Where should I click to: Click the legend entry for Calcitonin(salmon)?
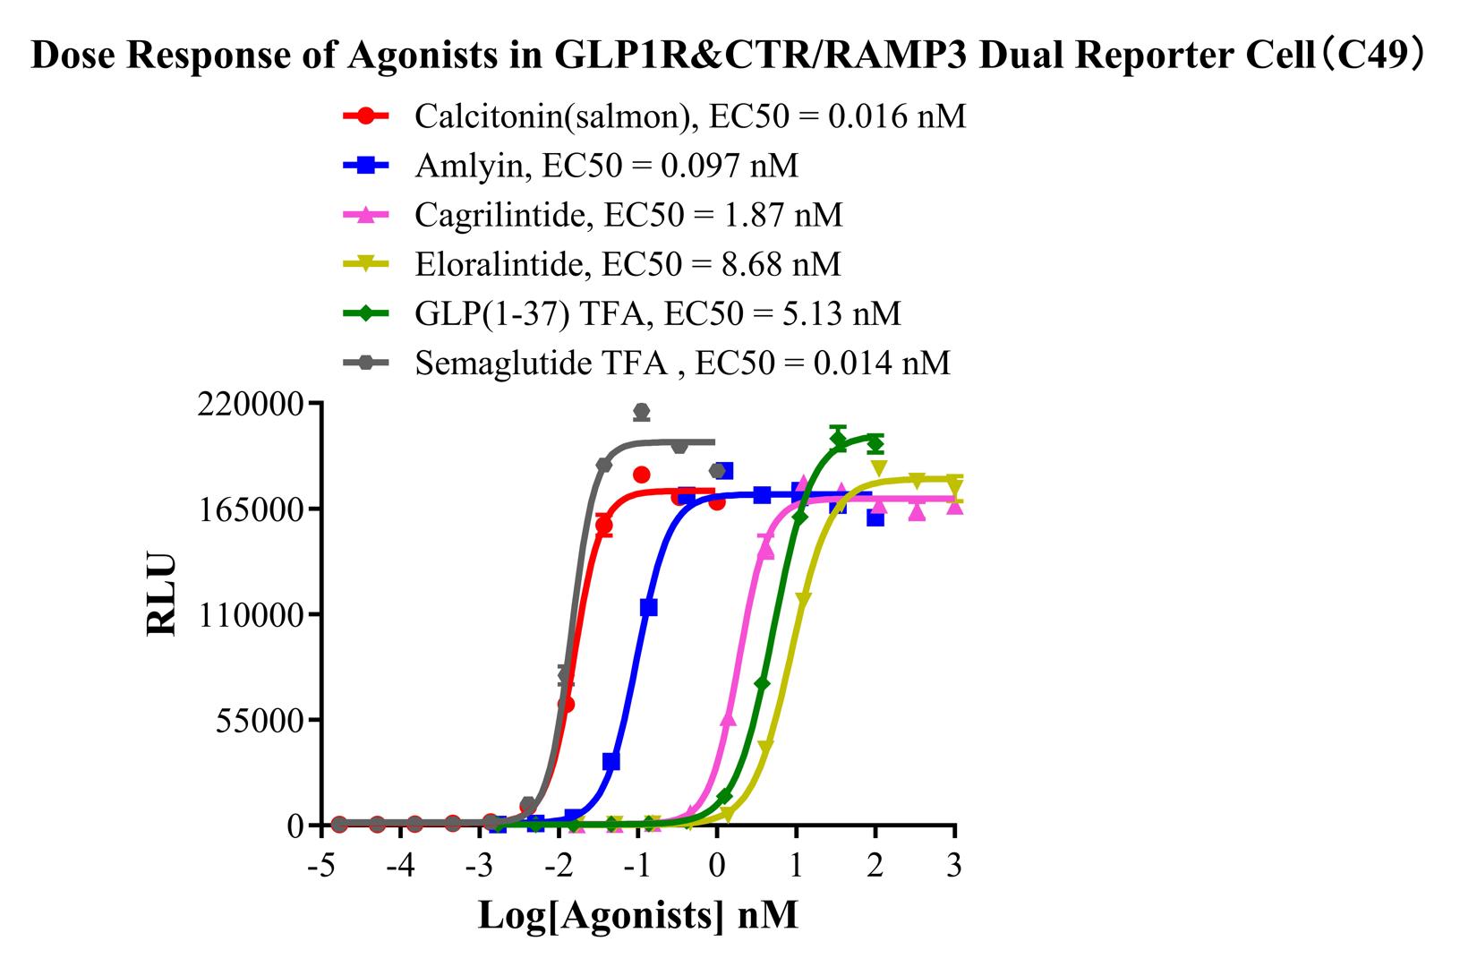689,116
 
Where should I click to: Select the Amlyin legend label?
606,166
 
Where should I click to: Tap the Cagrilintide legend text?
628,215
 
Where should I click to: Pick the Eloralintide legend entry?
628,264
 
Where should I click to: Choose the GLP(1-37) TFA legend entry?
657,313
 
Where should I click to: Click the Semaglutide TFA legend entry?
682,363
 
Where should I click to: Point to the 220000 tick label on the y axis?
248,404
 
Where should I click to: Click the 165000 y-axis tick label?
248,509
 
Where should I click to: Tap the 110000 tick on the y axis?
248,615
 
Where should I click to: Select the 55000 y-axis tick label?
257,720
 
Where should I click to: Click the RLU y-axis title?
162,595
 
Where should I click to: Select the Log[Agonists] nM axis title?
637,915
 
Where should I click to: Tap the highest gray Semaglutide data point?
641,412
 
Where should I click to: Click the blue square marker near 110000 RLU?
649,608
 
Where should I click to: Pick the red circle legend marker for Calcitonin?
365,116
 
